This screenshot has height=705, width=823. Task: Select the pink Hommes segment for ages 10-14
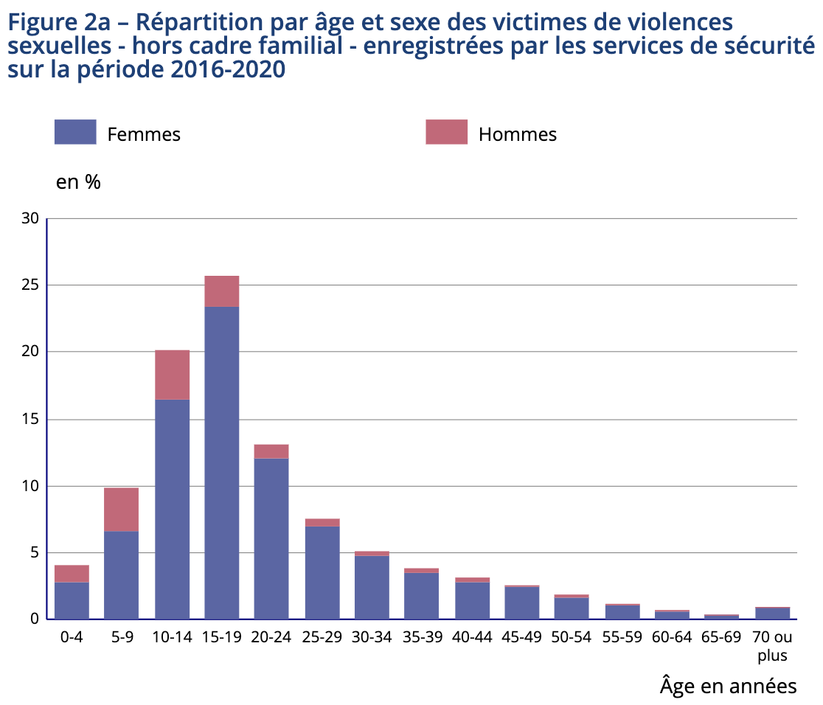click(172, 375)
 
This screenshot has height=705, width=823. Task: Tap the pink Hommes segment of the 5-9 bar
click(121, 509)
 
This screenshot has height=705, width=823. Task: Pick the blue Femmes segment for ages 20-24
click(271, 538)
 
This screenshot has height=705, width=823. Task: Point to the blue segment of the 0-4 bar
click(72, 600)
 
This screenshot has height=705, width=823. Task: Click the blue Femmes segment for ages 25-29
click(322, 572)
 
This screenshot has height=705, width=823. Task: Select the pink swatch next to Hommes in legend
click(446, 132)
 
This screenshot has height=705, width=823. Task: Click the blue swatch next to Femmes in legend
click(75, 132)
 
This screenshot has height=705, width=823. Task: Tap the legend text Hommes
click(517, 134)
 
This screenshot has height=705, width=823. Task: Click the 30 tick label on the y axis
click(30, 218)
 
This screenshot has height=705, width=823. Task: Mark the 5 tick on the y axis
click(34, 552)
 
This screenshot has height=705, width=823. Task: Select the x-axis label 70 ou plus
click(772, 646)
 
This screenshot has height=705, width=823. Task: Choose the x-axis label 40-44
click(472, 638)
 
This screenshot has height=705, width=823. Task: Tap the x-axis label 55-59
click(622, 638)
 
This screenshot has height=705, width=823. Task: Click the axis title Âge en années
click(728, 686)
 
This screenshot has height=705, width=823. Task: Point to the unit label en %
click(78, 182)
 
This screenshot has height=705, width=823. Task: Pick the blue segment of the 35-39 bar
click(421, 596)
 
